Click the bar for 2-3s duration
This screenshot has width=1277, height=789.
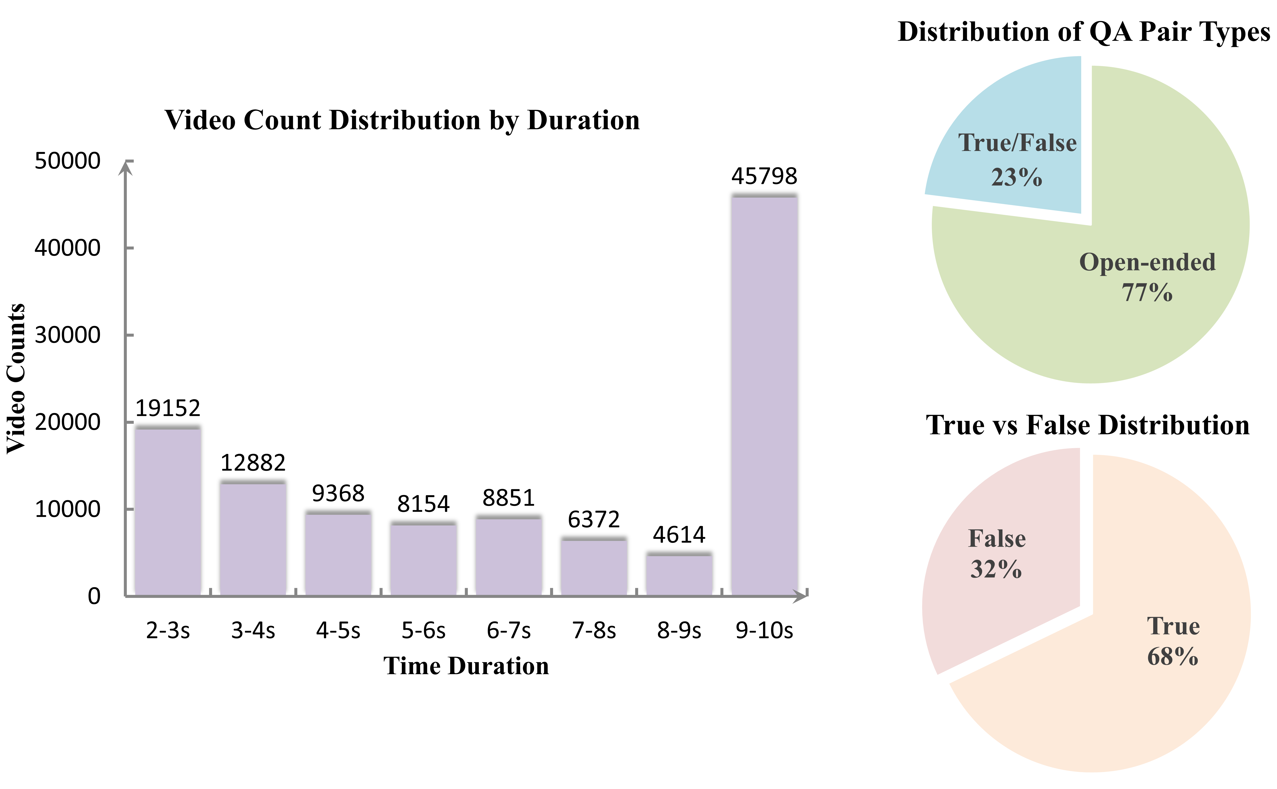click(168, 511)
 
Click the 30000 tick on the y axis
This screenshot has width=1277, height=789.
click(67, 335)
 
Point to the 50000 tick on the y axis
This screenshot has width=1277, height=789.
click(67, 161)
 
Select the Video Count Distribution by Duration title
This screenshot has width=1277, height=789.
click(402, 120)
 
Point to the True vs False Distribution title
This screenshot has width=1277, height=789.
click(1088, 425)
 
